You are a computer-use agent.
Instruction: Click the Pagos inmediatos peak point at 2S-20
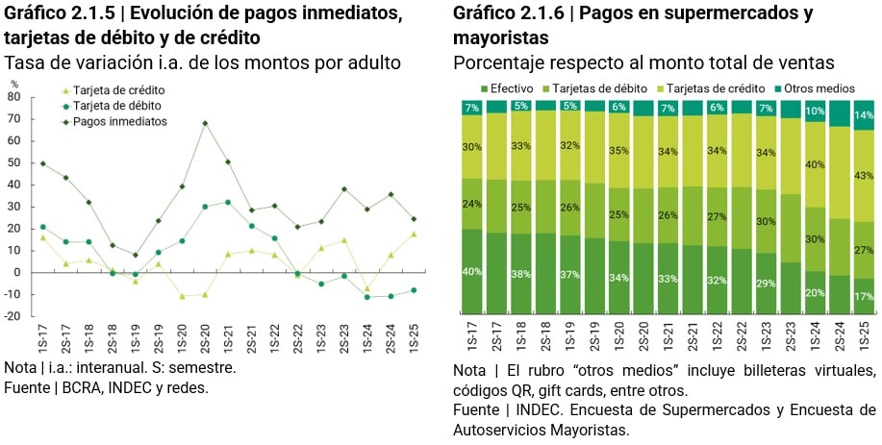click(205, 123)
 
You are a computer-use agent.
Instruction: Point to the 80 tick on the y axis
click(13, 97)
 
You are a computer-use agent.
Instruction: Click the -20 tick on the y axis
click(13, 316)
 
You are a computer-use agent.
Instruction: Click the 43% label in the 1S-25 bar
click(863, 176)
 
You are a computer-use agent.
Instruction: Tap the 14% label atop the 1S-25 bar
click(863, 115)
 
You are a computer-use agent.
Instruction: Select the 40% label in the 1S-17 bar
click(471, 272)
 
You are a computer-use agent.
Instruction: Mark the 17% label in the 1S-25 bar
click(863, 297)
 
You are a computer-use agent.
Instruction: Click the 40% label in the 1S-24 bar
click(814, 164)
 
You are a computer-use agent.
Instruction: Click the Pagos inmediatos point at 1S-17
click(42, 163)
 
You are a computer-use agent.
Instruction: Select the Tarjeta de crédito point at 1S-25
click(414, 234)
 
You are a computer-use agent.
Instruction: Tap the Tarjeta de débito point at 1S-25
click(414, 290)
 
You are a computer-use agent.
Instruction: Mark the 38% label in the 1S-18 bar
click(520, 274)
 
